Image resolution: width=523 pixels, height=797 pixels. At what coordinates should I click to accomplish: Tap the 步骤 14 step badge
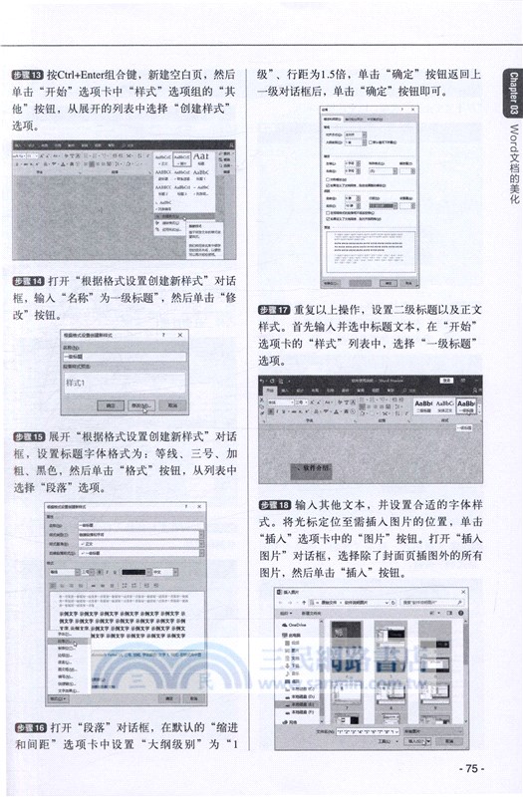point(27,280)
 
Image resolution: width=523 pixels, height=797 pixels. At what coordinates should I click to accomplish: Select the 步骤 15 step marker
point(27,436)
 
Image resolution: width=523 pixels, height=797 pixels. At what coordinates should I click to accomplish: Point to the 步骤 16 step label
point(27,727)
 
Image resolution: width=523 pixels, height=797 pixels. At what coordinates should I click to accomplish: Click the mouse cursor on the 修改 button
point(146,407)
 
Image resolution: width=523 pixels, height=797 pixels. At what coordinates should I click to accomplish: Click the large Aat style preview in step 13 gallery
point(199,157)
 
